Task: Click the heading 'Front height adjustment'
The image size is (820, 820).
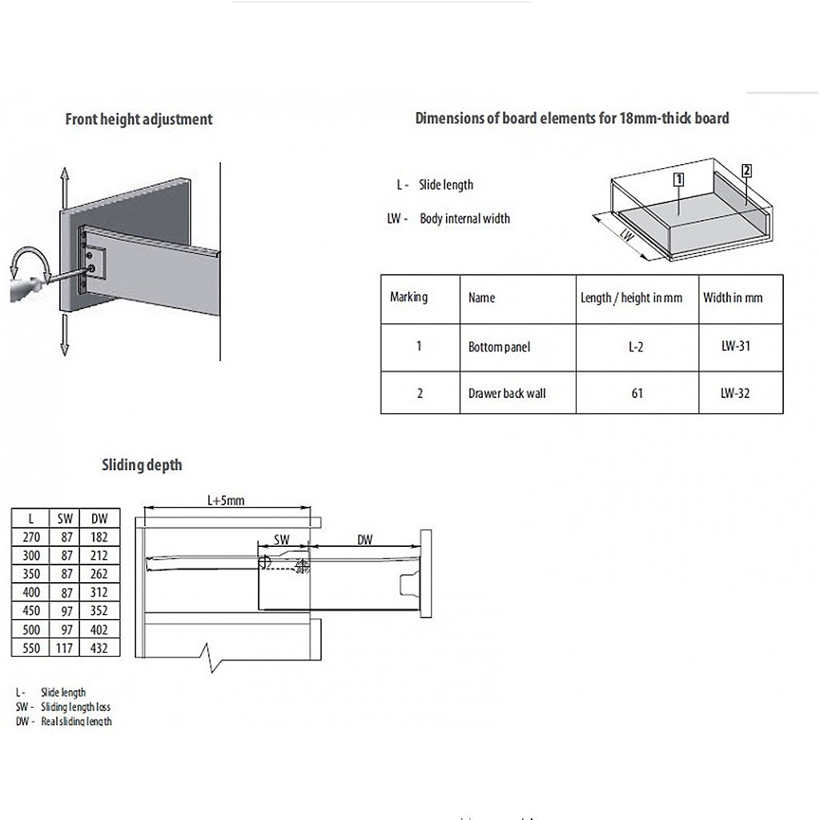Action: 139,119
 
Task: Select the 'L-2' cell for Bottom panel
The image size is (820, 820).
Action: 637,348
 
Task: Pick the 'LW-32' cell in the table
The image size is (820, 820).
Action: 734,393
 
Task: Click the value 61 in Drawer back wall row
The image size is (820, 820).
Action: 637,393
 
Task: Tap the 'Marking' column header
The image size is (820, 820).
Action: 409,297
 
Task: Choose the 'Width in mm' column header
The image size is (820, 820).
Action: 733,298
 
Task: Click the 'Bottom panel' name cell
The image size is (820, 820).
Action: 499,348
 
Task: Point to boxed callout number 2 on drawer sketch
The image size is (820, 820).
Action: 746,170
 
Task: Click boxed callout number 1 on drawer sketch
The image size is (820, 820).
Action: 678,179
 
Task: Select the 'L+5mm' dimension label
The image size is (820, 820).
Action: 225,500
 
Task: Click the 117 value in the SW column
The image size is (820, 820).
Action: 65,648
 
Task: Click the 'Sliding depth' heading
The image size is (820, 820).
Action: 142,464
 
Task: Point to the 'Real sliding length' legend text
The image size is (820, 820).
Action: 76,722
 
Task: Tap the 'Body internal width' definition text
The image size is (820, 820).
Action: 464,219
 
